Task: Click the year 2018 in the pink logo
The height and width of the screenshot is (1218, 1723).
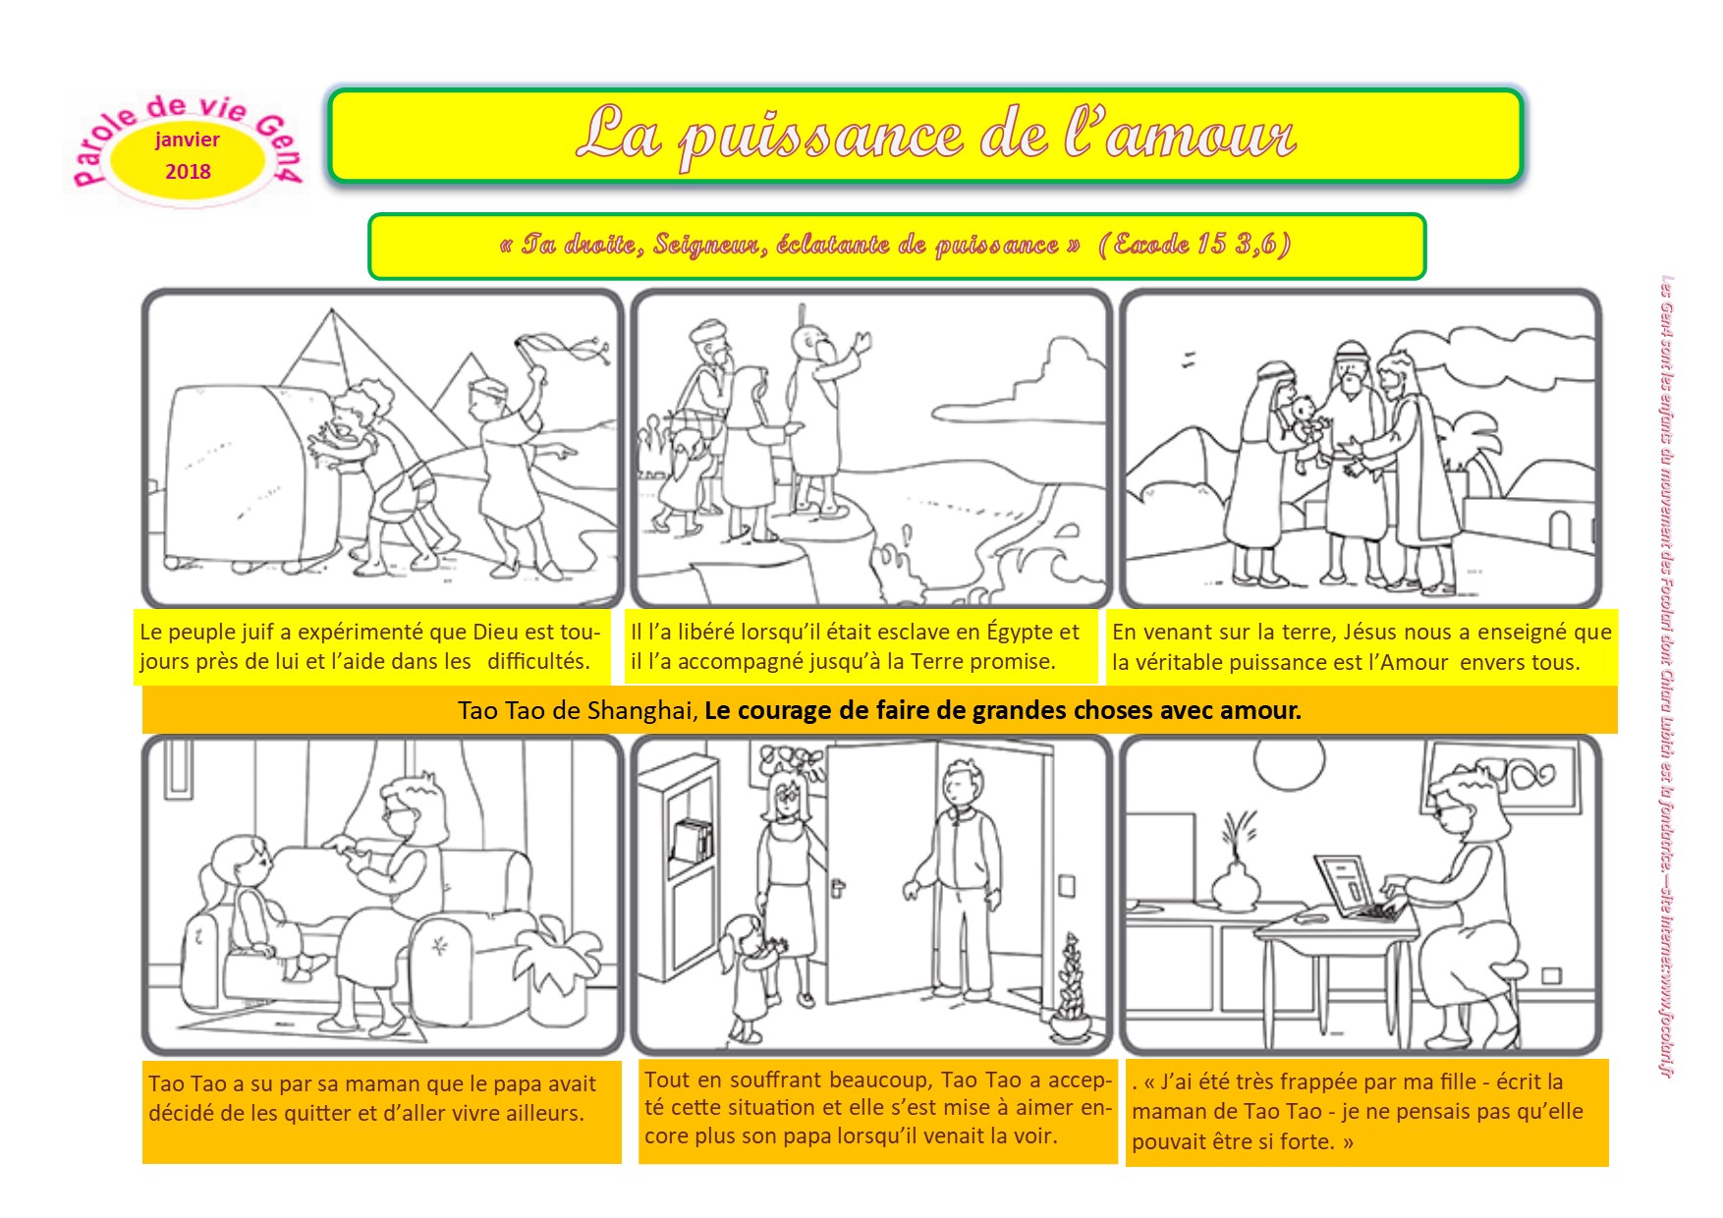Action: coord(188,172)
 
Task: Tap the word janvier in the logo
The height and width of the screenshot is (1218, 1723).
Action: coord(188,140)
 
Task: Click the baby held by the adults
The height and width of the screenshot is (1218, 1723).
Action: coord(1308,430)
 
